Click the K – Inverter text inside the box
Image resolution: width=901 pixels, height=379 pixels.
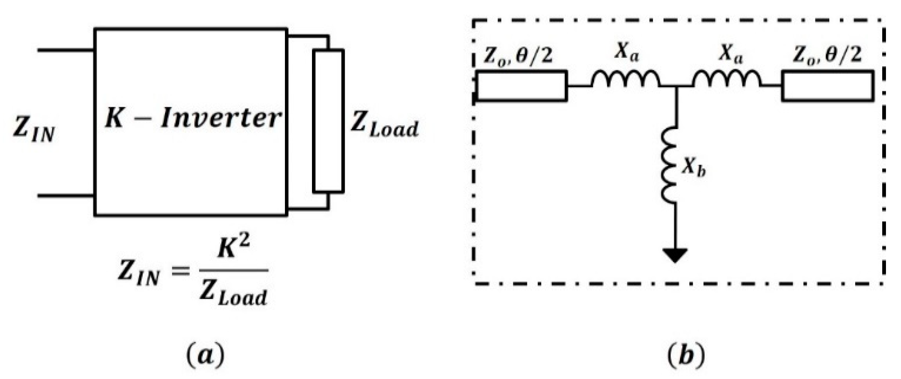point(192,118)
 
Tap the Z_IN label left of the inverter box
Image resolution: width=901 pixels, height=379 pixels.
point(34,129)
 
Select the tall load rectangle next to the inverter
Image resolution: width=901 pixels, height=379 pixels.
point(328,121)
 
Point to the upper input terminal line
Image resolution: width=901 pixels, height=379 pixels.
point(66,50)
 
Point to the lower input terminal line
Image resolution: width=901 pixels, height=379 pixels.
point(66,196)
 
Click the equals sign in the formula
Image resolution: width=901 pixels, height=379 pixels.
point(180,270)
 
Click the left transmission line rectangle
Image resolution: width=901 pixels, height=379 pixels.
point(521,86)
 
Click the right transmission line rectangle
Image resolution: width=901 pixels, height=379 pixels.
point(827,86)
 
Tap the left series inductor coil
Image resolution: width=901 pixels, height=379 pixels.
point(625,79)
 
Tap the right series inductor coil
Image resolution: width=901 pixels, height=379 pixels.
point(726,79)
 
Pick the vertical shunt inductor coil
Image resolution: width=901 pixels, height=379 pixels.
point(669,165)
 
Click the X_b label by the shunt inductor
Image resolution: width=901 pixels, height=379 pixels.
point(694,166)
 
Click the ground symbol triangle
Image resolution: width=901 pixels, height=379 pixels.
point(675,255)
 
